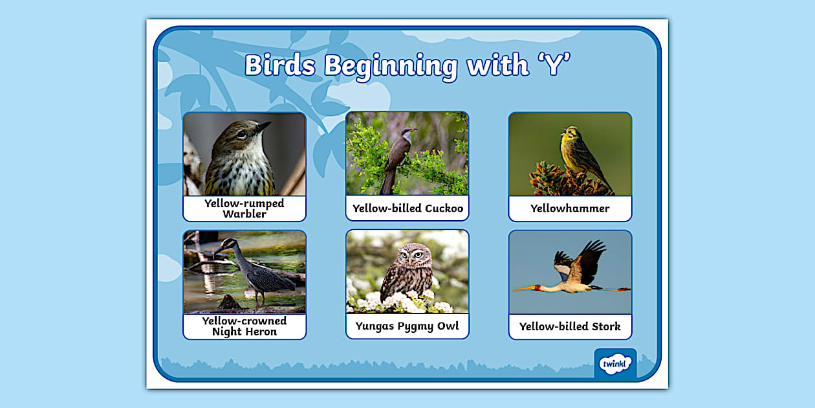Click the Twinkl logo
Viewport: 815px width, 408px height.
(x=615, y=363)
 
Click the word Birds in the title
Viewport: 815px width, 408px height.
(x=280, y=65)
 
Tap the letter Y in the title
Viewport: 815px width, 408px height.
(x=554, y=65)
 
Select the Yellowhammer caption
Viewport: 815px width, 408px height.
(x=570, y=209)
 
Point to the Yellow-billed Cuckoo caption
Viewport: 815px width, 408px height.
(x=407, y=209)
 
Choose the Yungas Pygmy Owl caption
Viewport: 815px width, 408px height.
(x=407, y=326)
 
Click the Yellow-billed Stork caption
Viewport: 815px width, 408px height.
(x=570, y=326)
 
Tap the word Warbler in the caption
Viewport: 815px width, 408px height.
(x=244, y=214)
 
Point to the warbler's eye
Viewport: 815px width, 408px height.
(x=242, y=134)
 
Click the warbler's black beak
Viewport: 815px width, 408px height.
(x=263, y=126)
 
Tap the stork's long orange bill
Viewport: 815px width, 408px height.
(x=524, y=289)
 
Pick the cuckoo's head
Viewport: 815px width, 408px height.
(x=408, y=132)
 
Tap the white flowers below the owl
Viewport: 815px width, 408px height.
(x=400, y=302)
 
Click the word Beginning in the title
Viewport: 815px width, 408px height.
(x=391, y=67)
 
